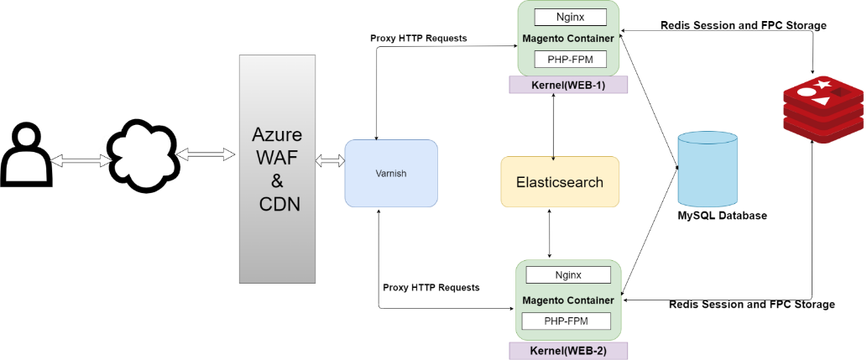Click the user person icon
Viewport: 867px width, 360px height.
pos(26,155)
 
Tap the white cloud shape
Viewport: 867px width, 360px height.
pos(143,154)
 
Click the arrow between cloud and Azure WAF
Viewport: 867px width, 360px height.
pos(205,154)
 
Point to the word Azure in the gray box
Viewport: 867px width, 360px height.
pos(277,135)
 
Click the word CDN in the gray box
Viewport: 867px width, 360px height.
pos(277,204)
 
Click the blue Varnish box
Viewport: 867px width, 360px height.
pos(391,173)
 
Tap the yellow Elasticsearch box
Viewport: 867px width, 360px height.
pos(560,182)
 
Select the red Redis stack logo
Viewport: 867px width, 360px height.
pos(823,104)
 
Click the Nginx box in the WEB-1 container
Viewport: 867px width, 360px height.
pos(570,17)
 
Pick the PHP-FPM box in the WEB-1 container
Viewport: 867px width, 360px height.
pos(570,60)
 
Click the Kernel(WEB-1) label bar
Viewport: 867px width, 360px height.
pos(568,85)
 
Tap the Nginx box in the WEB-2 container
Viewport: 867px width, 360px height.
pos(567,275)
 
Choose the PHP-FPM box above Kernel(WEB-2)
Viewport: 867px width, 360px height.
pos(566,321)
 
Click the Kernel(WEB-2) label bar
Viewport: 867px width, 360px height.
pos(568,350)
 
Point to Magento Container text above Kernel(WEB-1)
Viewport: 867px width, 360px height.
pos(568,39)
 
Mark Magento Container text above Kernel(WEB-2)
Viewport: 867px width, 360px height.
pos(568,300)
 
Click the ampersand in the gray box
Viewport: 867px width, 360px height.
pos(277,181)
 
